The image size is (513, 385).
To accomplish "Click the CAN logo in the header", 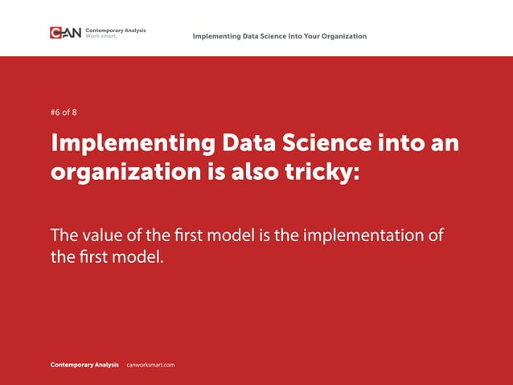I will [x=64, y=33].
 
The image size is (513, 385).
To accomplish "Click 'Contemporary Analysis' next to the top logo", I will [x=115, y=30].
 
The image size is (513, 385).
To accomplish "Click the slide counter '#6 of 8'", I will [x=64, y=113].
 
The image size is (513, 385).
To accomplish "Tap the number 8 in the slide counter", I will [x=74, y=113].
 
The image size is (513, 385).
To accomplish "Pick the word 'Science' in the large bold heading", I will [x=326, y=145].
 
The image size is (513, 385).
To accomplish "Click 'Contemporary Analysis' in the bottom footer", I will [x=84, y=365].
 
